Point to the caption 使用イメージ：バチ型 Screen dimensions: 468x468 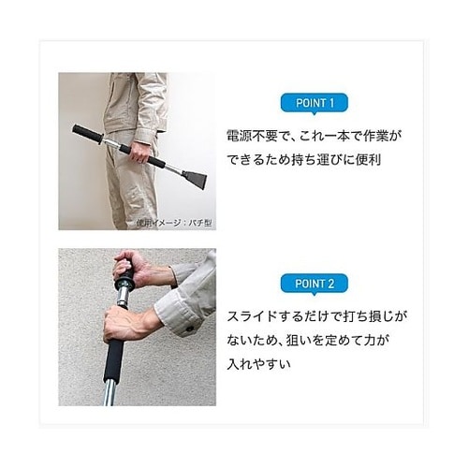(175, 222)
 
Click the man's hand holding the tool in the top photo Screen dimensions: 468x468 (139, 153)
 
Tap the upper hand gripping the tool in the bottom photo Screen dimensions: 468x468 (131, 270)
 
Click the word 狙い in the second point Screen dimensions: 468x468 (310, 339)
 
